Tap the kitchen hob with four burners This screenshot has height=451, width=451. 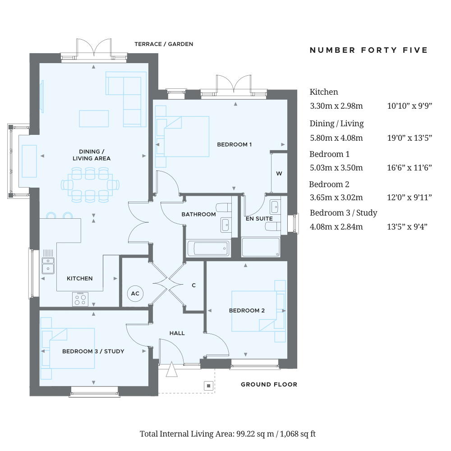tap(80, 299)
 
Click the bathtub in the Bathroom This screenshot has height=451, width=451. tap(209, 248)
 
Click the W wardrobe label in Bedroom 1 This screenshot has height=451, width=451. tap(279, 174)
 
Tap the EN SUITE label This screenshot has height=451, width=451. tap(259, 219)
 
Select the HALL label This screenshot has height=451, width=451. tap(177, 333)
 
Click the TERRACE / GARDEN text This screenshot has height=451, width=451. tap(164, 44)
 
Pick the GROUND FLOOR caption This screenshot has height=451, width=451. tap(269, 384)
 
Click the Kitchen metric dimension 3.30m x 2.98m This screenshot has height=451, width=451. tap(336, 106)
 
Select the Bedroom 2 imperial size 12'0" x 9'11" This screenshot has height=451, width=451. tap(410, 198)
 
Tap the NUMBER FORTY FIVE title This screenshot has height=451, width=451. tap(368, 50)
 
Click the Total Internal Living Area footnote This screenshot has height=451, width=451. tap(227, 434)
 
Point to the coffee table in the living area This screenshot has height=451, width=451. tap(94, 119)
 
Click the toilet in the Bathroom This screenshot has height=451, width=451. tap(224, 207)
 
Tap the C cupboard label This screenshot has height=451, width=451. tap(194, 285)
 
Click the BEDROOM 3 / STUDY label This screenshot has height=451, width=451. tap(93, 351)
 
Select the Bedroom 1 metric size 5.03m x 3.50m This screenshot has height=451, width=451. tap(336, 168)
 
